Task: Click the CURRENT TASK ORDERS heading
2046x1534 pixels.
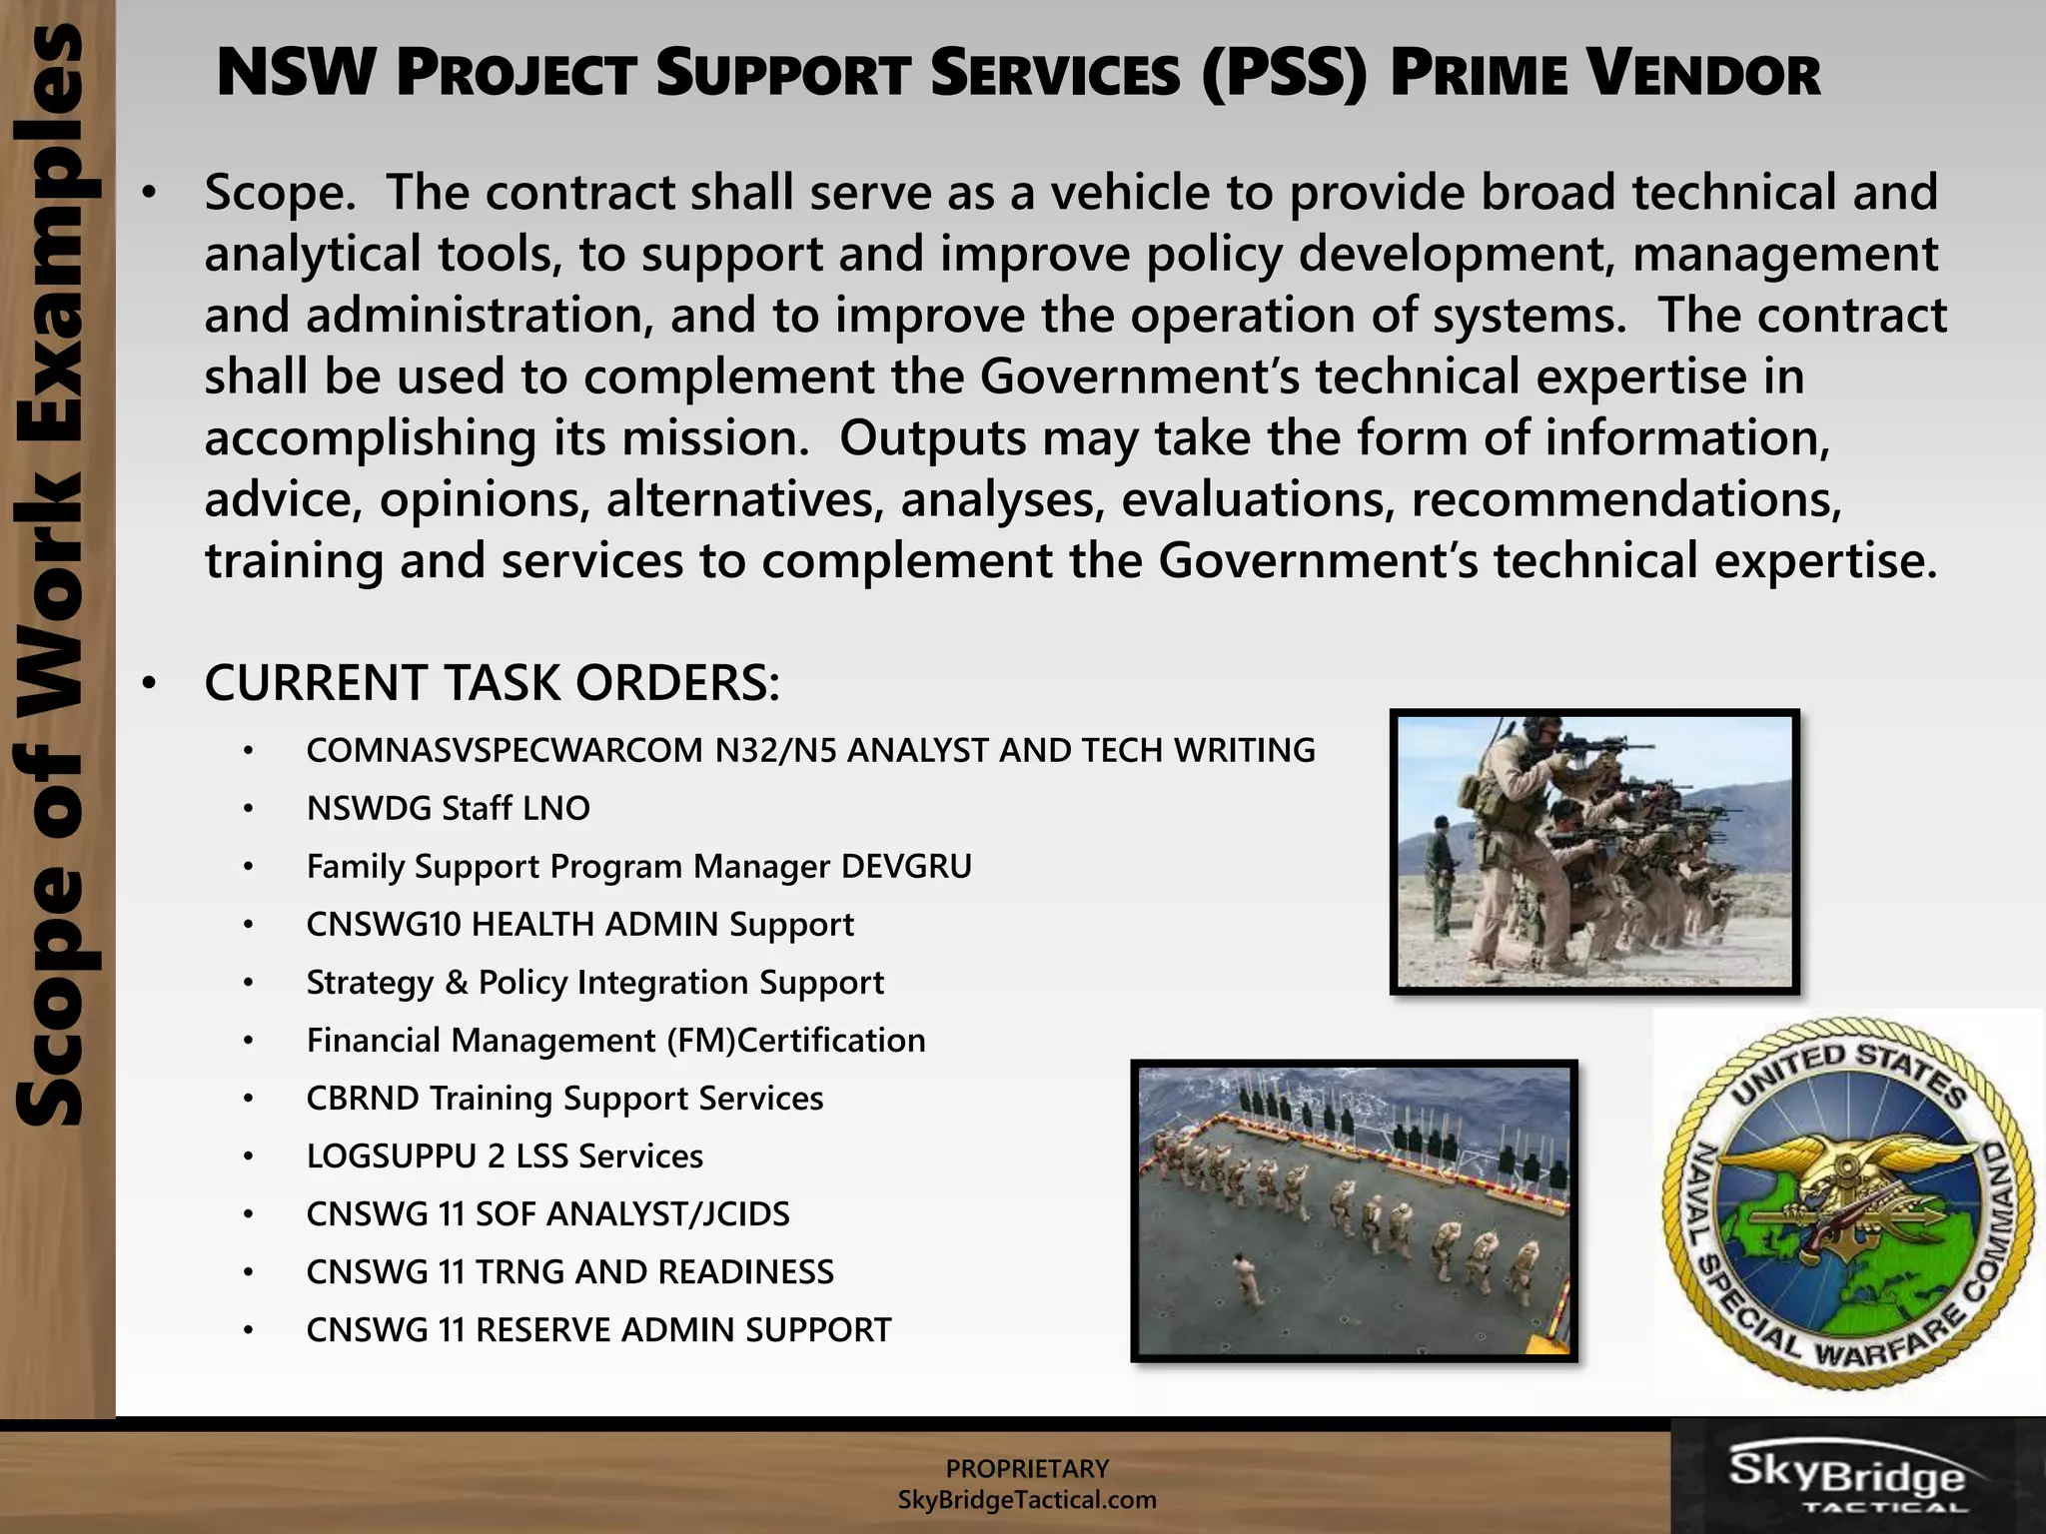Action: [492, 683]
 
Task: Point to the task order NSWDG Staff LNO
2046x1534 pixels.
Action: [448, 808]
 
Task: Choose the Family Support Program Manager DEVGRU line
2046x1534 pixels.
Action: [638, 866]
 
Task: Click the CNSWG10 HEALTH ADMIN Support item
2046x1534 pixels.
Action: [579, 924]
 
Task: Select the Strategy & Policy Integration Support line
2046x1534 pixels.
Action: [594, 982]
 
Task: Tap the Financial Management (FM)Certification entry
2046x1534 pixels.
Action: [615, 1040]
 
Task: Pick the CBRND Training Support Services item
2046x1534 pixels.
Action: [564, 1098]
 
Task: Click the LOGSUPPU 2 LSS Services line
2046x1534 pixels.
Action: [505, 1155]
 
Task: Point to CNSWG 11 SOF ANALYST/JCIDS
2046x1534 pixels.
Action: [547, 1213]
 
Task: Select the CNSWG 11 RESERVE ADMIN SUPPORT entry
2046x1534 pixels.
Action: [598, 1329]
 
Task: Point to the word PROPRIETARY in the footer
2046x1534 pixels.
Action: [1027, 1468]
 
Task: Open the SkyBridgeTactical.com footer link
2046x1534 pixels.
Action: [1027, 1499]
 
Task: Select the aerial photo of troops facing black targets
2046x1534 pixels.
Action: [1354, 1210]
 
